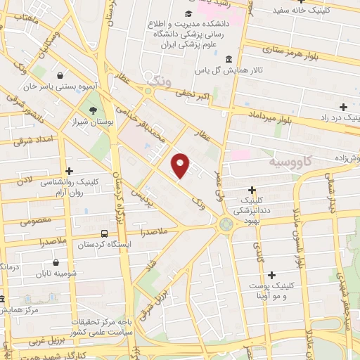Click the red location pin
click(181, 164)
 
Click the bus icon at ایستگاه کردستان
click(104, 233)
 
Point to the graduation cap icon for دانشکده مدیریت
click(188, 15)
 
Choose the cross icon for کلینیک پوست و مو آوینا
click(271, 274)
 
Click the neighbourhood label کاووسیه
click(290, 162)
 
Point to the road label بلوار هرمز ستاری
click(290, 51)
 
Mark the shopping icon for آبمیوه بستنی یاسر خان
click(60, 75)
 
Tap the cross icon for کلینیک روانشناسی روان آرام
click(69, 171)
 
